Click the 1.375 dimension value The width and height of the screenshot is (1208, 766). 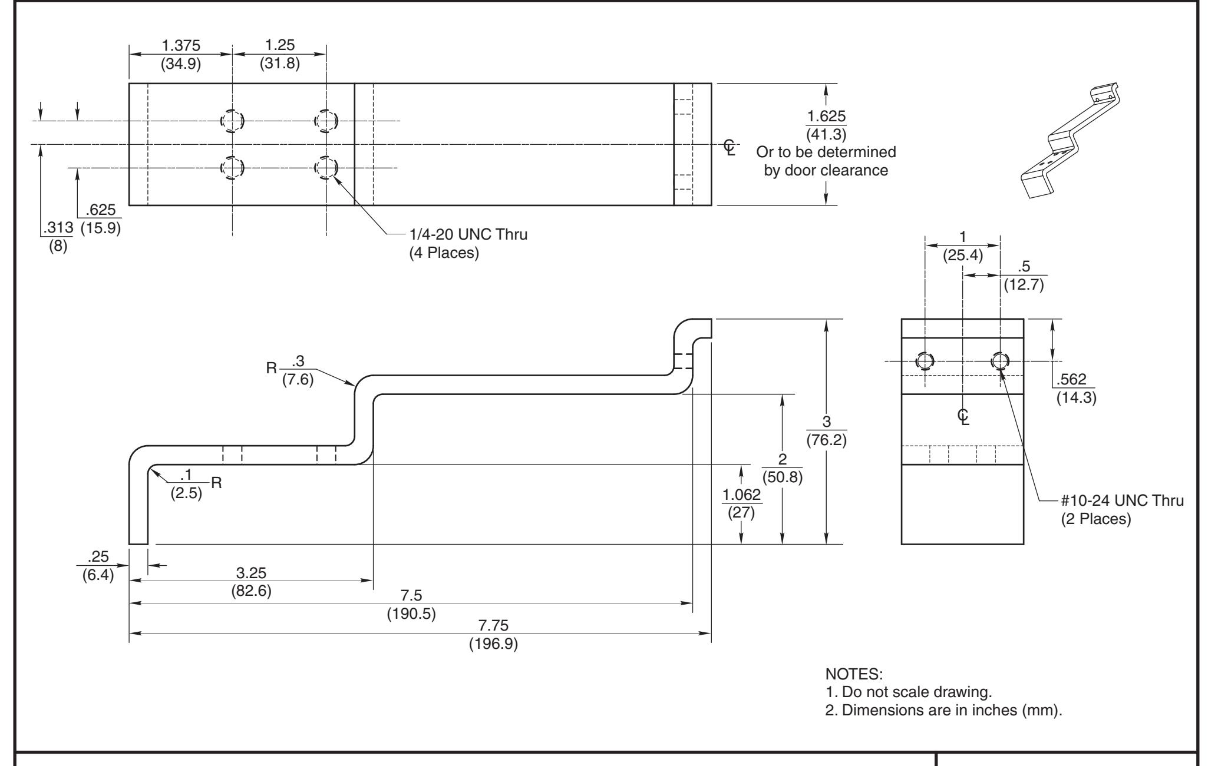coord(181,45)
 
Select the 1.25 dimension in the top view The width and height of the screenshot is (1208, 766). coord(280,45)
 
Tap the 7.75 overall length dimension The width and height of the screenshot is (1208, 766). coord(493,625)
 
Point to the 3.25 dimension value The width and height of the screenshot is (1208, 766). coord(251,572)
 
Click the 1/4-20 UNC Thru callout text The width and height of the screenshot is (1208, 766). coord(468,235)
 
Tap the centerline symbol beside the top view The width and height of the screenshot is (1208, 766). coord(730,147)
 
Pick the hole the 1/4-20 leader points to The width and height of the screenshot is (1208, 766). coord(326,167)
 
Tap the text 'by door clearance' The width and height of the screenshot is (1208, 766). coord(826,170)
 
